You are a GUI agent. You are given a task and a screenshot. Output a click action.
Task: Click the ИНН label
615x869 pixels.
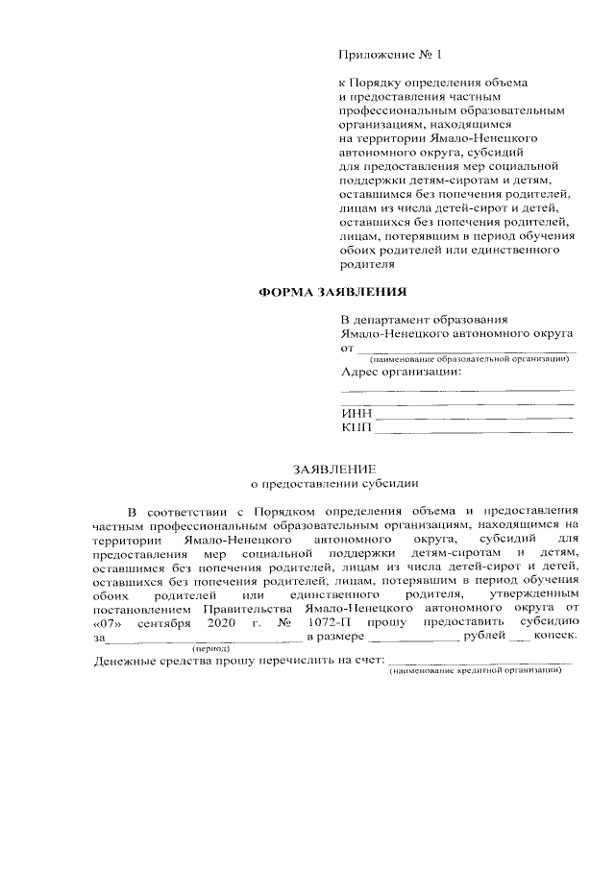(x=356, y=415)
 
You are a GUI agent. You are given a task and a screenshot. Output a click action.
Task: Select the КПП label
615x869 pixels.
(x=356, y=428)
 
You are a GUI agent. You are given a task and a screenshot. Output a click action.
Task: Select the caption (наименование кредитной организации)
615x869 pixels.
(x=475, y=669)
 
